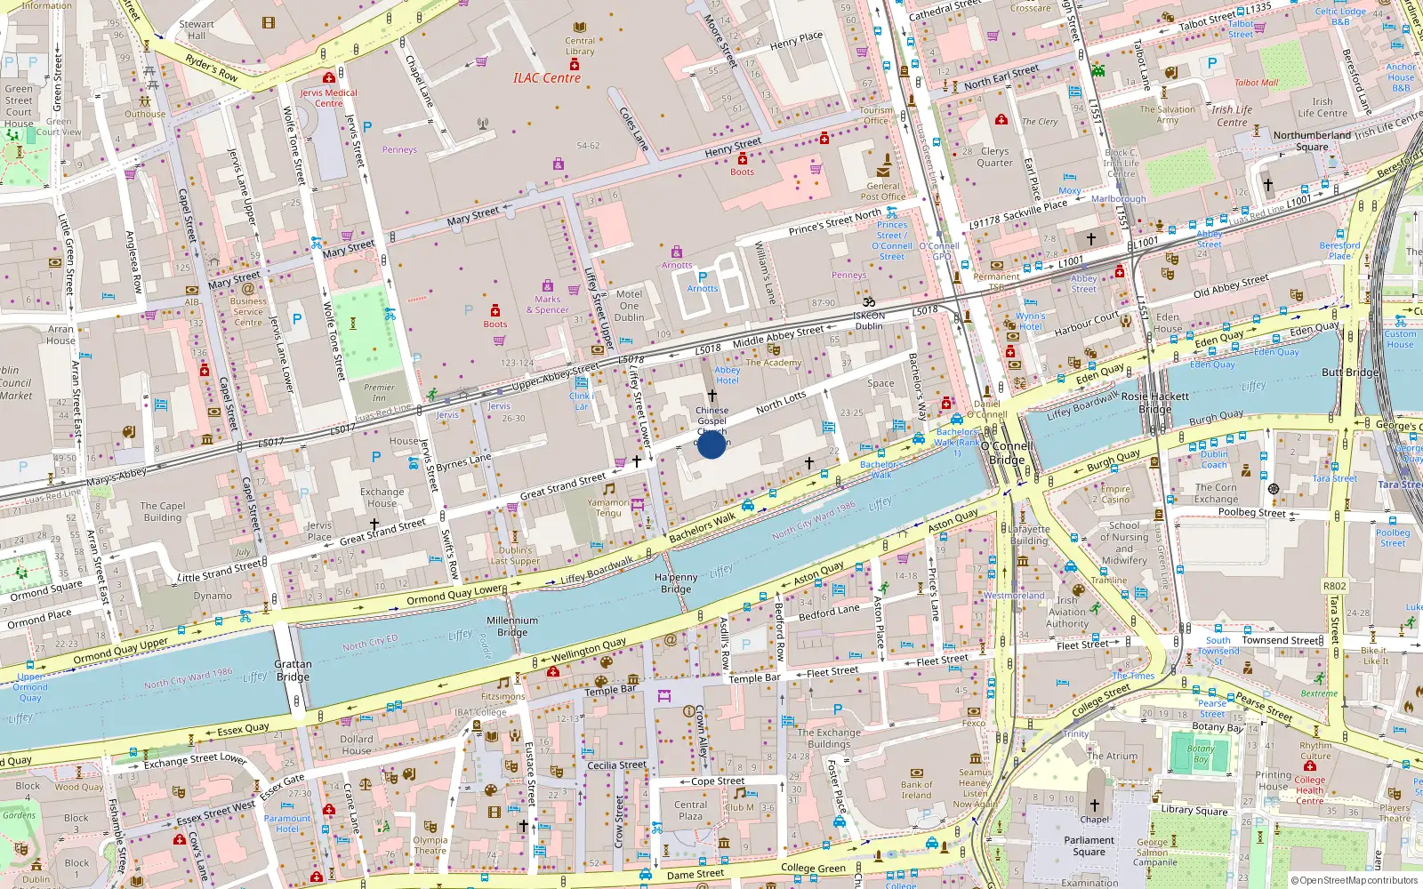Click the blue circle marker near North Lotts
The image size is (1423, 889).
click(711, 444)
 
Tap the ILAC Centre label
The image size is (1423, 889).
click(546, 78)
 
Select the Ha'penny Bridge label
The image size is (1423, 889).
click(676, 583)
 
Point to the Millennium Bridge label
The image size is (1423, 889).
click(512, 627)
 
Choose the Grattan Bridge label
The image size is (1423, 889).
click(293, 670)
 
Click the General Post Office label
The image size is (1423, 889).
click(882, 191)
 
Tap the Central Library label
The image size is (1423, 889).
click(580, 45)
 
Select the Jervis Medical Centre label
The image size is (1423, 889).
click(328, 98)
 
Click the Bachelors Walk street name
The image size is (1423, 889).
click(703, 526)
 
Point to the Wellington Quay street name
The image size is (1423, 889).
click(588, 650)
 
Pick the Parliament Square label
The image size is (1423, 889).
click(1089, 845)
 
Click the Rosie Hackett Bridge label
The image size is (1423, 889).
click(1154, 403)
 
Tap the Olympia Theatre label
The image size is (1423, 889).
click(430, 845)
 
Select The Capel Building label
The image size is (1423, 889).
click(163, 511)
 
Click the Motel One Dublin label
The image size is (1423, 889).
click(629, 306)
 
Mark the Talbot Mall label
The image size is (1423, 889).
click(1256, 83)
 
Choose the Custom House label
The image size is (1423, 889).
click(1399, 340)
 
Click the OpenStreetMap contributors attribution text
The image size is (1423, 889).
click(1354, 880)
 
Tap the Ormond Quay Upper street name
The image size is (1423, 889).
click(121, 650)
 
